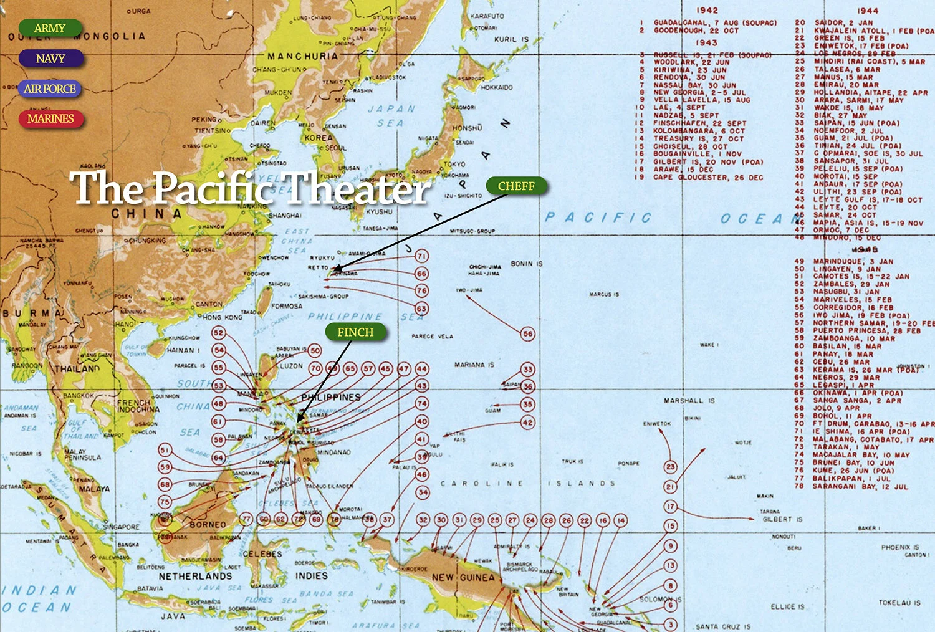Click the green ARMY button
pos(50,28)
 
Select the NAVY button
pos(50,59)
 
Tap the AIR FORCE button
pos(50,89)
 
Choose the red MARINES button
pos(50,118)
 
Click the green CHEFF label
pos(516,186)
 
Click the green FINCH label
pos(355,332)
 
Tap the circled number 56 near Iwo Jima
pos(527,334)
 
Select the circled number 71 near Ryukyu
pos(422,256)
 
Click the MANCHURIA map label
pos(302,56)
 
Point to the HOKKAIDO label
pos(497,87)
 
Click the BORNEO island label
pos(208,525)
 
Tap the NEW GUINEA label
pos(463,578)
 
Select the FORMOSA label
pos(286,306)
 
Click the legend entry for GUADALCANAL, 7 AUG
pos(714,22)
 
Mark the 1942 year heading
pos(707,11)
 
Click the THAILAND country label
pos(77,369)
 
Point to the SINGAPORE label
pos(121,527)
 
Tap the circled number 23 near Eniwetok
pos(670,466)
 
